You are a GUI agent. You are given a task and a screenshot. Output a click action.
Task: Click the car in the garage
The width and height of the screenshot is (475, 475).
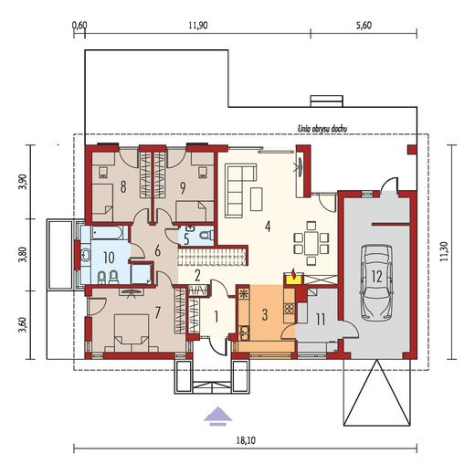(376, 283)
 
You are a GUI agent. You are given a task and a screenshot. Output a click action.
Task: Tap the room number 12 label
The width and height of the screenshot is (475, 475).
(376, 277)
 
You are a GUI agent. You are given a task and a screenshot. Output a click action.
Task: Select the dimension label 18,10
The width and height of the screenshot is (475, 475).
(246, 440)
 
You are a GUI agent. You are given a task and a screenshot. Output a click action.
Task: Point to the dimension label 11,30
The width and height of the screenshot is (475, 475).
(444, 250)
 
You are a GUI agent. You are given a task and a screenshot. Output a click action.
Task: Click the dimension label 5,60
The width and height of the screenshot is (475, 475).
(364, 26)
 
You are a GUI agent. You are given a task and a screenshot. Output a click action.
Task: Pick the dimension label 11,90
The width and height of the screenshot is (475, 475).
(197, 26)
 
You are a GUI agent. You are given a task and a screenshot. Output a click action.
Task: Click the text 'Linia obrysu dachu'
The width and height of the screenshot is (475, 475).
(322, 129)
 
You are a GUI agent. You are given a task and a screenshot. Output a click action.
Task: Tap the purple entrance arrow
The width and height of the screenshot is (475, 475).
(217, 416)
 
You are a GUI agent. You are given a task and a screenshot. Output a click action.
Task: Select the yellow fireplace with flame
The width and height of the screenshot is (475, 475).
(293, 277)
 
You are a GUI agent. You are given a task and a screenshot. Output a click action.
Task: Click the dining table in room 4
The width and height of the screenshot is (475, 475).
(311, 243)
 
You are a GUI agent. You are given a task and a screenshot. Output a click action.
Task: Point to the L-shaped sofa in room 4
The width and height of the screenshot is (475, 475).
(240, 190)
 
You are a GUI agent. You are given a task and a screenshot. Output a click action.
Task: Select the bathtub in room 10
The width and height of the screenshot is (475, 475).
(107, 233)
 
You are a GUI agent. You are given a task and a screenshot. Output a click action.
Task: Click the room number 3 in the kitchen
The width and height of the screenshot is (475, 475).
(265, 315)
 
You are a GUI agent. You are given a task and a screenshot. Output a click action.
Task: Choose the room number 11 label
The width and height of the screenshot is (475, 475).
(320, 320)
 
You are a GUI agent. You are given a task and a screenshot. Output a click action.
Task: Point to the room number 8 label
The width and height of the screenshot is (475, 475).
(123, 187)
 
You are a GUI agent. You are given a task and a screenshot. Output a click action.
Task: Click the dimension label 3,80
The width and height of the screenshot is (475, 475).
(26, 254)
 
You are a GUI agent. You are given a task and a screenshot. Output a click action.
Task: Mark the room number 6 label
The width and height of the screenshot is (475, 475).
(157, 251)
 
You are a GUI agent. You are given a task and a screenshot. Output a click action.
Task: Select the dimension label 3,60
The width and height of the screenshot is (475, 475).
(26, 325)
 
